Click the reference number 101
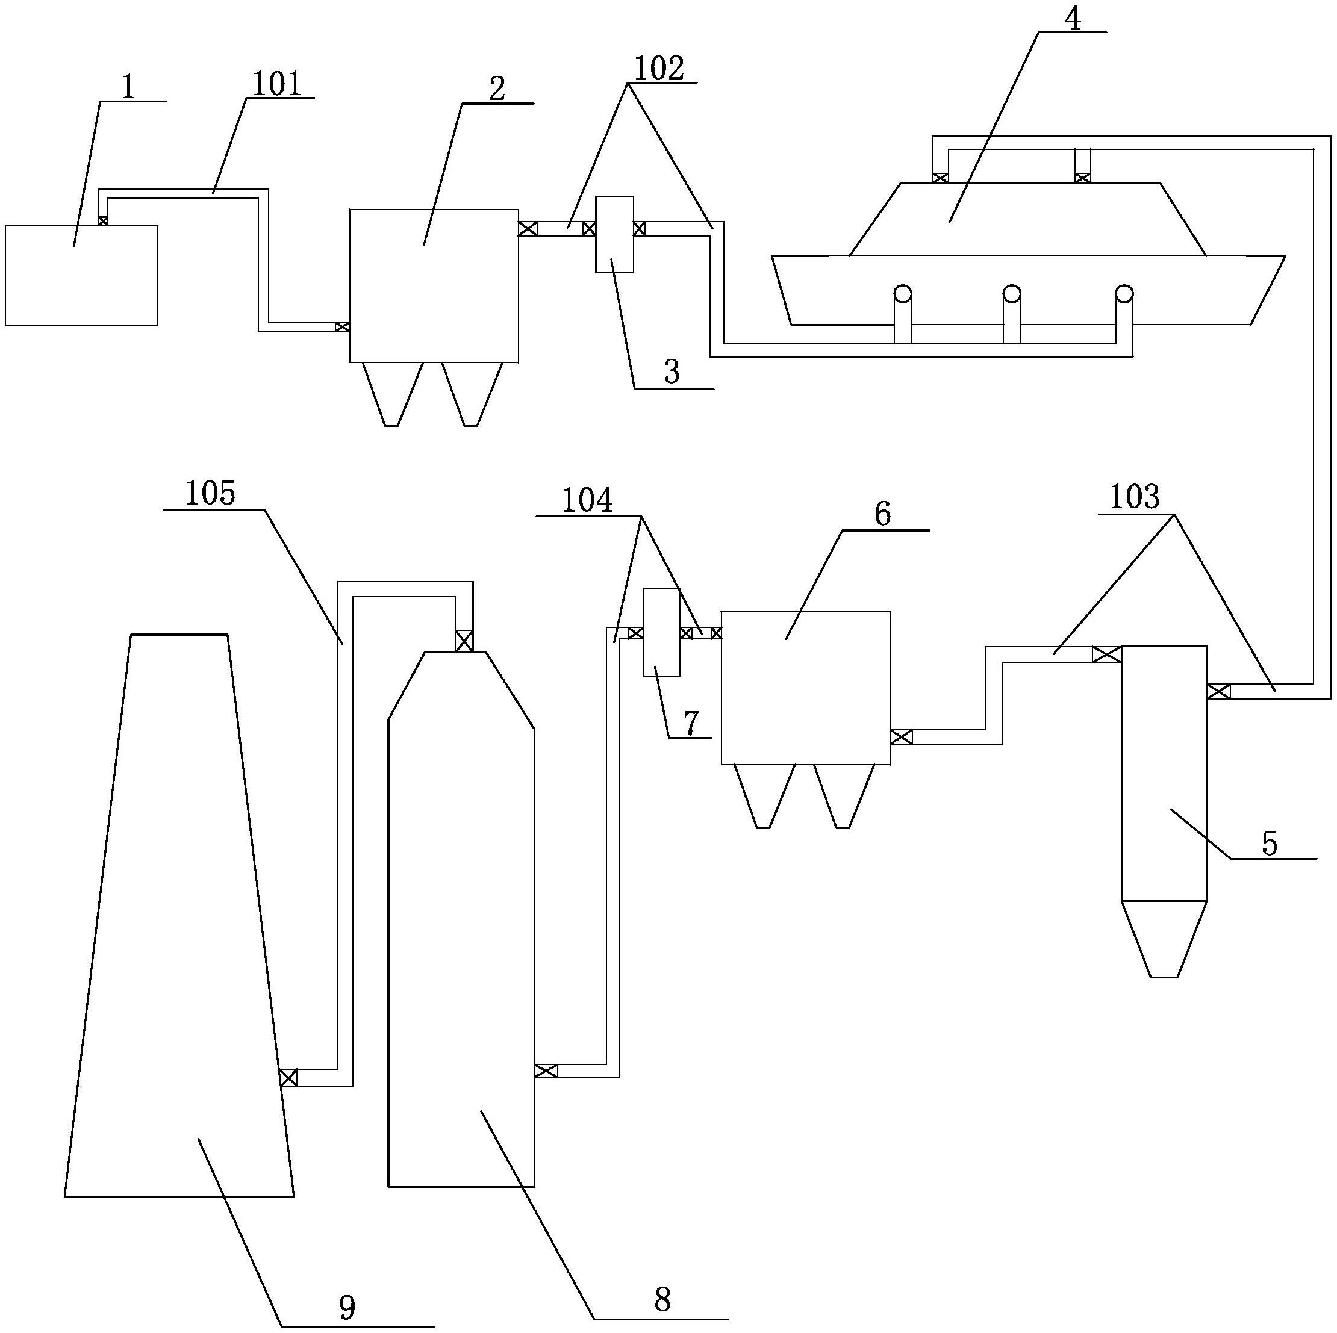[276, 84]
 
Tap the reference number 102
[659, 69]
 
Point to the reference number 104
[586, 500]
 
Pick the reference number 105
[210, 494]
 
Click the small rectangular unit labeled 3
[614, 234]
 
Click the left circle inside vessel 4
[902, 293]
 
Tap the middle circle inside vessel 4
[1012, 293]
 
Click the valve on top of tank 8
[464, 641]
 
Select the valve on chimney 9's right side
[288, 1077]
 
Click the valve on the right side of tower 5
[1219, 691]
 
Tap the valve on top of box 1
[103, 221]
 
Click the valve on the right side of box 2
[528, 228]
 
